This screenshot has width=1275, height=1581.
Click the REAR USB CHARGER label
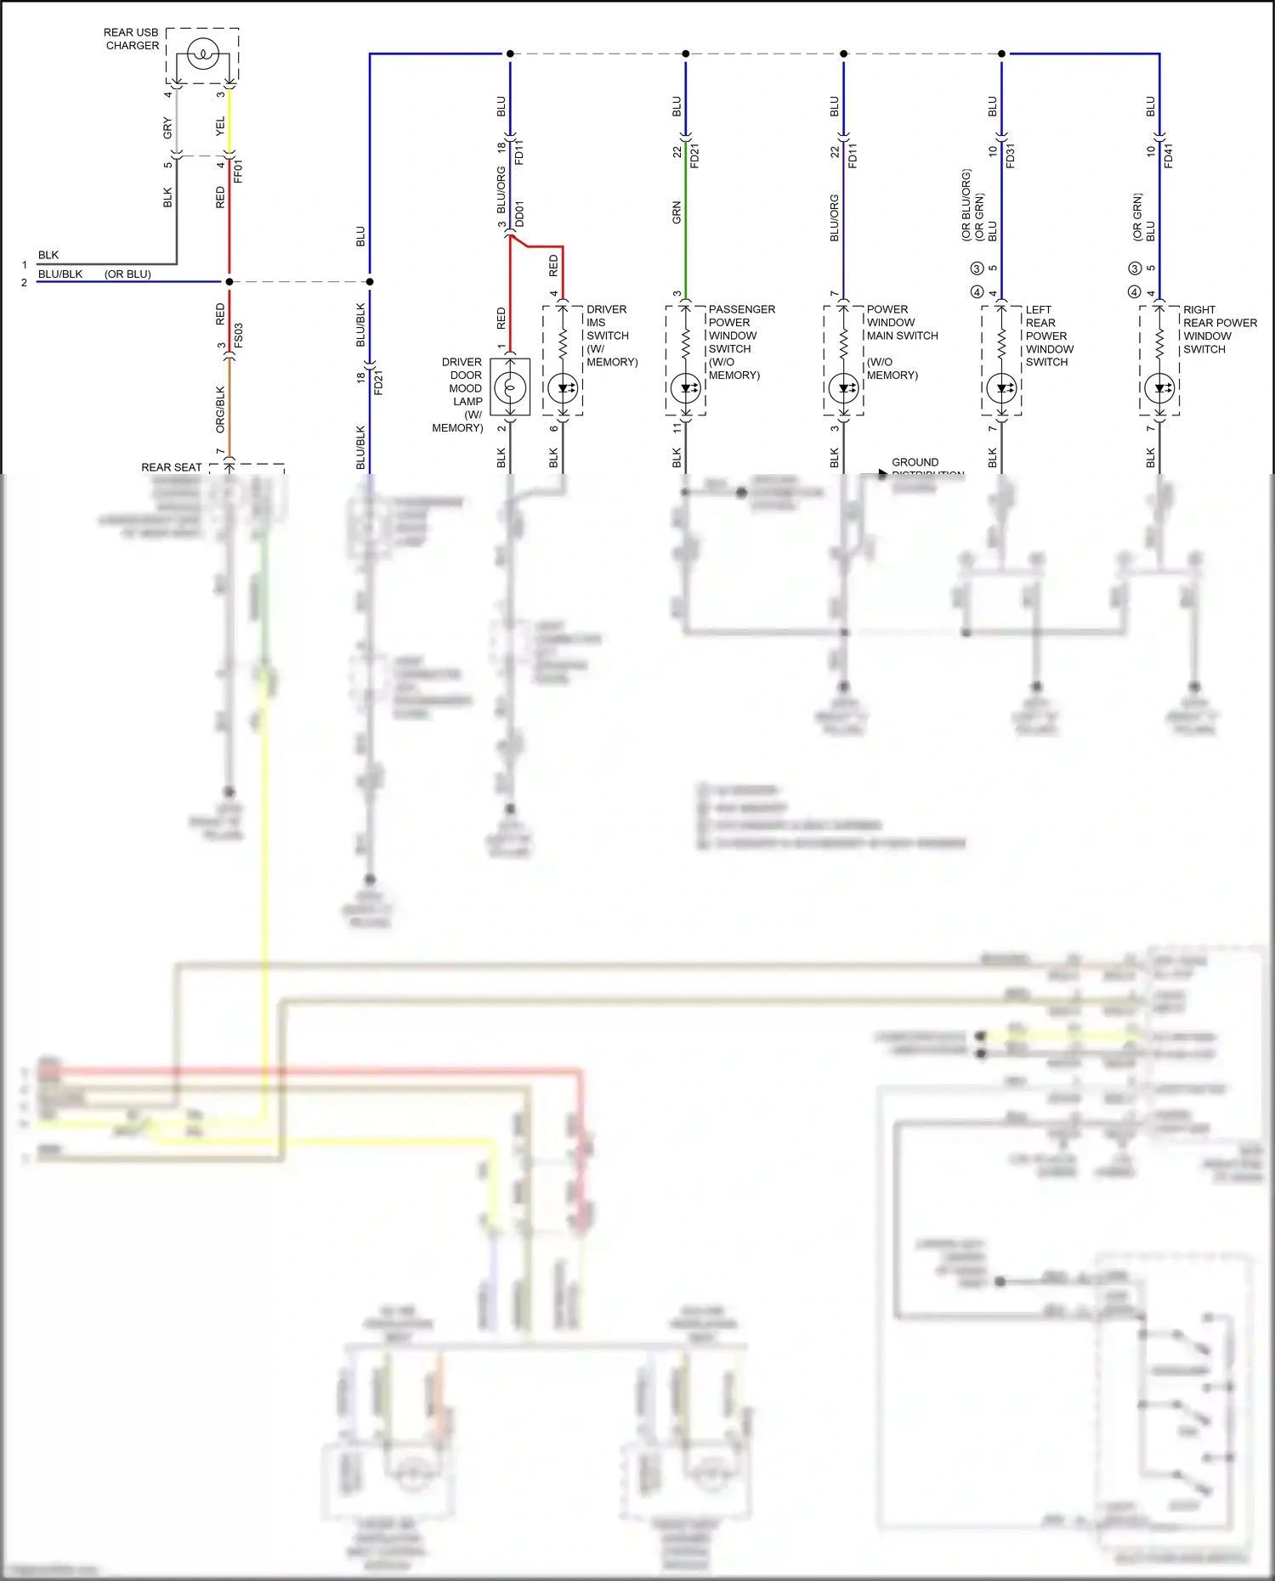click(x=131, y=39)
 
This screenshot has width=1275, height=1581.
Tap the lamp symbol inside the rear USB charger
click(x=203, y=55)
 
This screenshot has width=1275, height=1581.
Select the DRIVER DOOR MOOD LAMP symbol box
click(x=510, y=387)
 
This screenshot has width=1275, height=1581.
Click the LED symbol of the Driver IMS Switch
click(x=563, y=388)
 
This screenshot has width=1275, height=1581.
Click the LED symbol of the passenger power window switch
click(x=685, y=388)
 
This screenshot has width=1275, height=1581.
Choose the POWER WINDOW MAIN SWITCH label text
click(x=901, y=323)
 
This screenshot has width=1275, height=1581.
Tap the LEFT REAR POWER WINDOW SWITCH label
click(x=1049, y=336)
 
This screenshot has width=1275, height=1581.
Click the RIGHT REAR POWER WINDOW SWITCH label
click(x=1219, y=329)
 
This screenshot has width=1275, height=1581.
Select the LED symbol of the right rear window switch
click(x=1159, y=388)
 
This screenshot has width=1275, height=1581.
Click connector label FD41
click(x=1169, y=155)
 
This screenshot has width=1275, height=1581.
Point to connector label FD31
click(x=1011, y=155)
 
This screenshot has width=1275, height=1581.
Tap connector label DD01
click(x=519, y=214)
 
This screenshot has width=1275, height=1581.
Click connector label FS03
click(x=239, y=335)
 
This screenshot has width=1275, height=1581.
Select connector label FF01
click(x=239, y=171)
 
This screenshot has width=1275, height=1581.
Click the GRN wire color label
click(x=677, y=212)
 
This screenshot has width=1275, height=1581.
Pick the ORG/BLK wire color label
click(x=220, y=409)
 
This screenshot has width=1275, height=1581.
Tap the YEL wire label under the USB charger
click(x=220, y=127)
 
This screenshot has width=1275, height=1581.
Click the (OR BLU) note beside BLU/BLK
click(x=127, y=274)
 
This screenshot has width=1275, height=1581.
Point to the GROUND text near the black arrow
click(x=915, y=462)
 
